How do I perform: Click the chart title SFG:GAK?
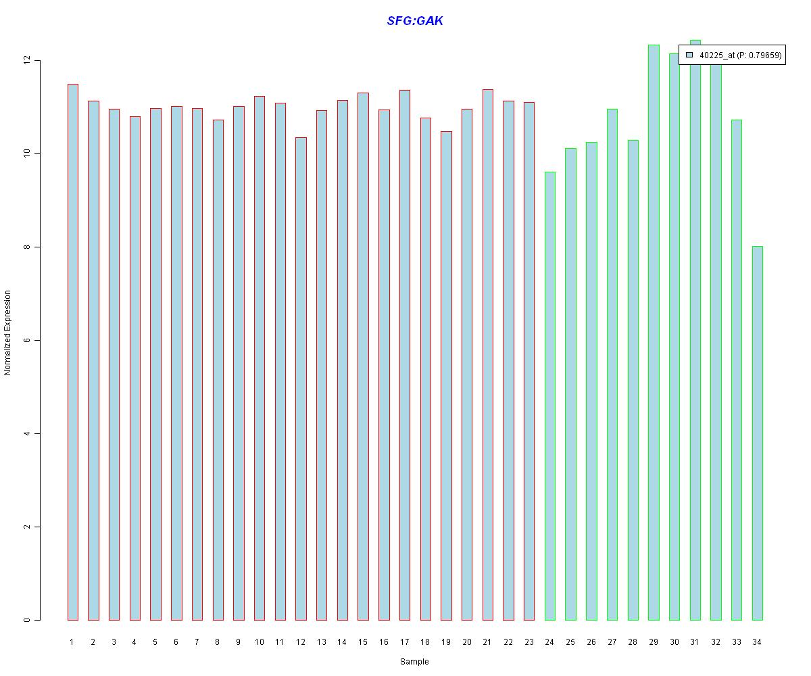(x=415, y=21)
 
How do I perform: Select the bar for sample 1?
(x=72, y=352)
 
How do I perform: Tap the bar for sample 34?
(x=757, y=433)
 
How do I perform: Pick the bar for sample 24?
(x=549, y=395)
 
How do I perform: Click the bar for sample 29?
(x=654, y=331)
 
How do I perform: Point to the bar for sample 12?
(x=301, y=379)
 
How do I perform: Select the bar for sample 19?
(x=446, y=375)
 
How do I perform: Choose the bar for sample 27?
(x=612, y=365)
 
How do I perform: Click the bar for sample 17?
(x=404, y=355)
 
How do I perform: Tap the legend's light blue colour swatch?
(x=689, y=55)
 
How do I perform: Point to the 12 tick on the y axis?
(x=37, y=61)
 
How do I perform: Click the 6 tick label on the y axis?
(x=27, y=341)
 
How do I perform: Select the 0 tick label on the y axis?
(x=27, y=620)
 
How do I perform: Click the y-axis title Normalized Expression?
(x=8, y=333)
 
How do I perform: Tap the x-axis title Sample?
(x=414, y=662)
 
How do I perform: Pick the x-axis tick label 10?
(x=259, y=642)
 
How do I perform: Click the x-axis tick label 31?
(x=695, y=642)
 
